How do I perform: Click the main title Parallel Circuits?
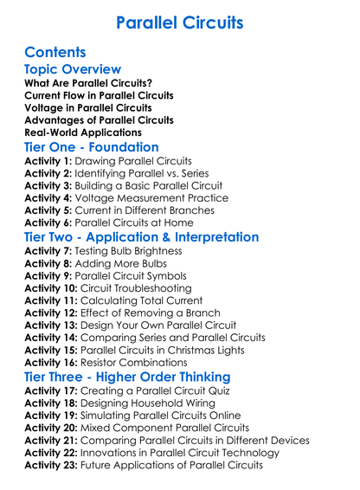179,21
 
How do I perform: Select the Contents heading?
56,51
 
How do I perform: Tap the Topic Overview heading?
73,69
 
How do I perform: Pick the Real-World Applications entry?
83,132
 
